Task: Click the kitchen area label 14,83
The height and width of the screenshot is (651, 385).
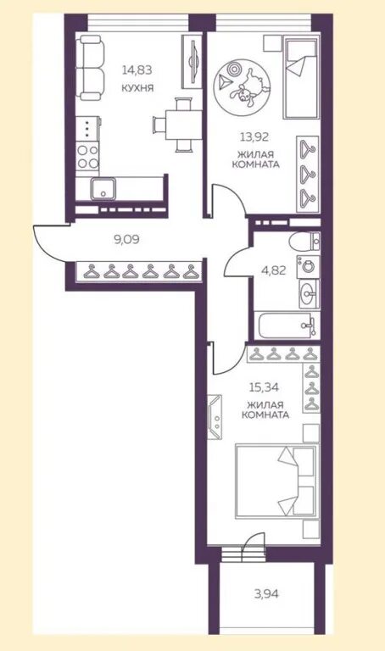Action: (x=137, y=70)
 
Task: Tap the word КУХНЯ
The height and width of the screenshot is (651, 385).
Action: (x=137, y=88)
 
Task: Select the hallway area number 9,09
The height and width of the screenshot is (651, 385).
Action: (x=126, y=240)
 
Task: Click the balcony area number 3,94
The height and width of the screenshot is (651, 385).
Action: (x=266, y=593)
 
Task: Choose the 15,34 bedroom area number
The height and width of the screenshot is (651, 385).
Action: (x=264, y=387)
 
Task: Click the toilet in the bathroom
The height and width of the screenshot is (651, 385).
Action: (x=304, y=242)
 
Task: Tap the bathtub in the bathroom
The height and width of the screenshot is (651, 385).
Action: (x=287, y=325)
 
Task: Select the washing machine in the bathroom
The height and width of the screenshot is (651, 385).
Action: (x=308, y=266)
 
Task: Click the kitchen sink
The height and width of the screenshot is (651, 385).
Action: (x=103, y=188)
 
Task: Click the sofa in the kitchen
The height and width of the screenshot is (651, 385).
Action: (x=92, y=68)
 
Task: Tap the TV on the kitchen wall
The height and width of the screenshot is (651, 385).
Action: (x=192, y=61)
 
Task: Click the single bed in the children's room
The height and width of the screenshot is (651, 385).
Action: (x=301, y=77)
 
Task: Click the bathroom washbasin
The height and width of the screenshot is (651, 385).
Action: (x=309, y=294)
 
